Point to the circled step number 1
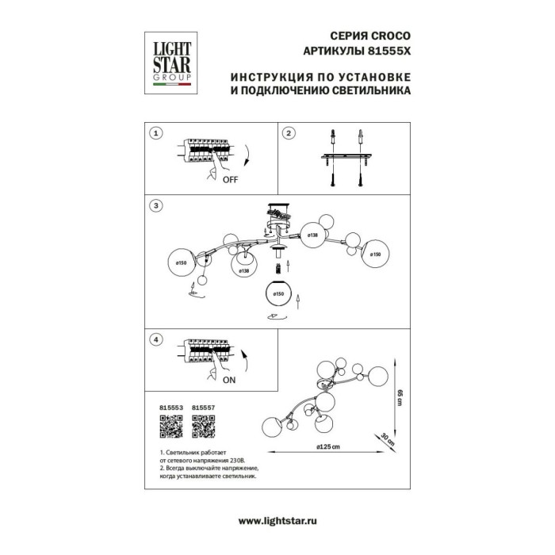tap(157, 133)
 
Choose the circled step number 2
tap(289, 133)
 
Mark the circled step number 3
tap(157, 205)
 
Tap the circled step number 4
tap(157, 340)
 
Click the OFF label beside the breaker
tap(230, 180)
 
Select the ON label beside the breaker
tap(229, 381)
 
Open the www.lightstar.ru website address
tap(277, 518)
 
